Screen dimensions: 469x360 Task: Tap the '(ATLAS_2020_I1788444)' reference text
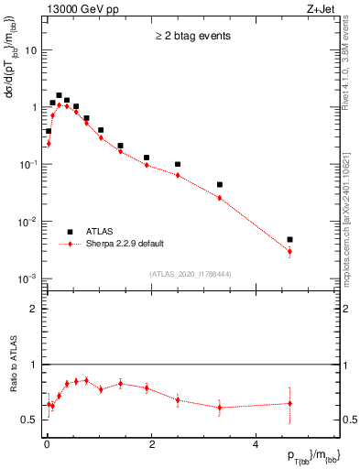click(x=191, y=274)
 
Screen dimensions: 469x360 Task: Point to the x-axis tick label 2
click(x=151, y=442)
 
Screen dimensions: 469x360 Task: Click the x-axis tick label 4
click(x=255, y=442)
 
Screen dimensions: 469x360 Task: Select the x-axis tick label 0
click(x=47, y=442)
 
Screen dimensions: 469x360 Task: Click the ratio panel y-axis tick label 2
click(x=34, y=309)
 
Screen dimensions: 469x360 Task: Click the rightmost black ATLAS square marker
click(x=289, y=239)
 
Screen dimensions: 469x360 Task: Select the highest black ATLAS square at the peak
click(x=59, y=95)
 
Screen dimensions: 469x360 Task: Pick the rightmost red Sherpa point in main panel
click(x=289, y=251)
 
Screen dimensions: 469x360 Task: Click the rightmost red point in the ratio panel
click(x=289, y=403)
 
